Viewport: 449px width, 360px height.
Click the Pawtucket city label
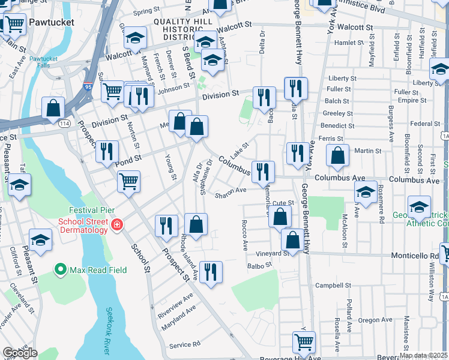click(52, 22)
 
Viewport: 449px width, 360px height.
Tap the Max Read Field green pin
click(60, 270)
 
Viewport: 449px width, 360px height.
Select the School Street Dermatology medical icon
click(117, 226)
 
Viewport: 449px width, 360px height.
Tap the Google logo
click(19, 353)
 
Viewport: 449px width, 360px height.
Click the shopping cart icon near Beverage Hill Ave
click(304, 342)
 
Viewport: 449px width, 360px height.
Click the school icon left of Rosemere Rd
click(366, 193)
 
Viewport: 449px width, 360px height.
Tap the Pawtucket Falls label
click(43, 62)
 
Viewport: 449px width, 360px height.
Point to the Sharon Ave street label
click(231, 193)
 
